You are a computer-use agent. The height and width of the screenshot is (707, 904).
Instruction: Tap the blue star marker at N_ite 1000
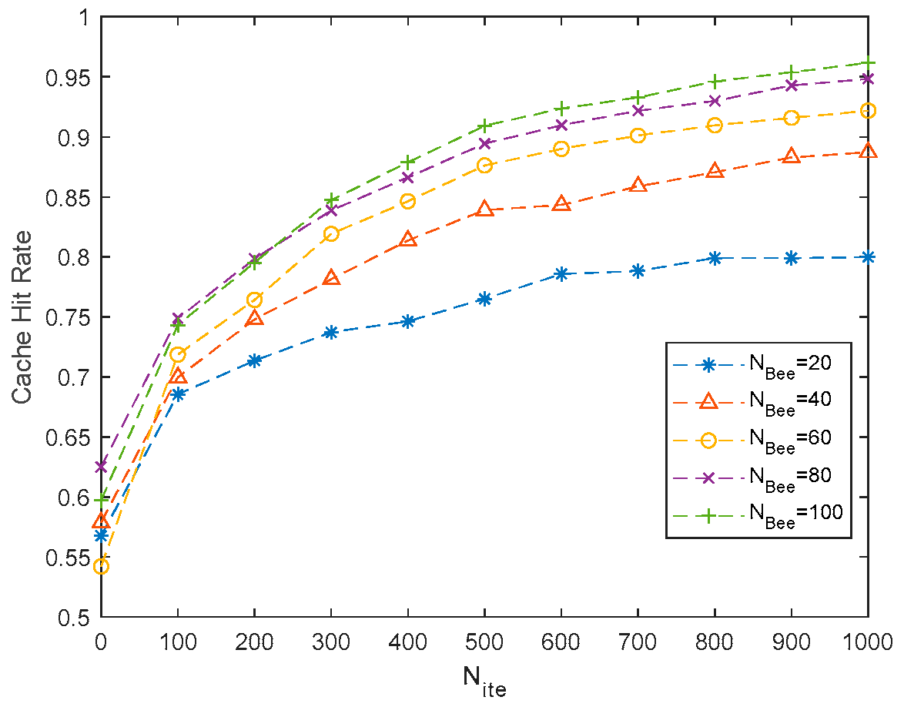pos(869,257)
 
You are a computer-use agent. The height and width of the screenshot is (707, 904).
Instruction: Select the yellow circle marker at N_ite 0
pos(101,567)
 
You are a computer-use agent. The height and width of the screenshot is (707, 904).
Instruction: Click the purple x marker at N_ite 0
pos(101,467)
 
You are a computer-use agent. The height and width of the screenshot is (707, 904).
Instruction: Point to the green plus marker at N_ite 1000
pos(869,62)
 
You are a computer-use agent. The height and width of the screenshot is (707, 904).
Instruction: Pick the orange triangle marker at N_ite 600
pos(561,204)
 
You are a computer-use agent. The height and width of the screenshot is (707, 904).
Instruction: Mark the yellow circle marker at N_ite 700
pos(638,136)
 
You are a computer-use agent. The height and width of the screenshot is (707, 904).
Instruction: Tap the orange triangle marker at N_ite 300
pos(331,278)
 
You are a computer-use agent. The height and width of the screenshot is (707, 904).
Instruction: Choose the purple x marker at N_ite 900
pos(792,85)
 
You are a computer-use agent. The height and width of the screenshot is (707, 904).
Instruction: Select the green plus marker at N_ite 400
pos(407,163)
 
